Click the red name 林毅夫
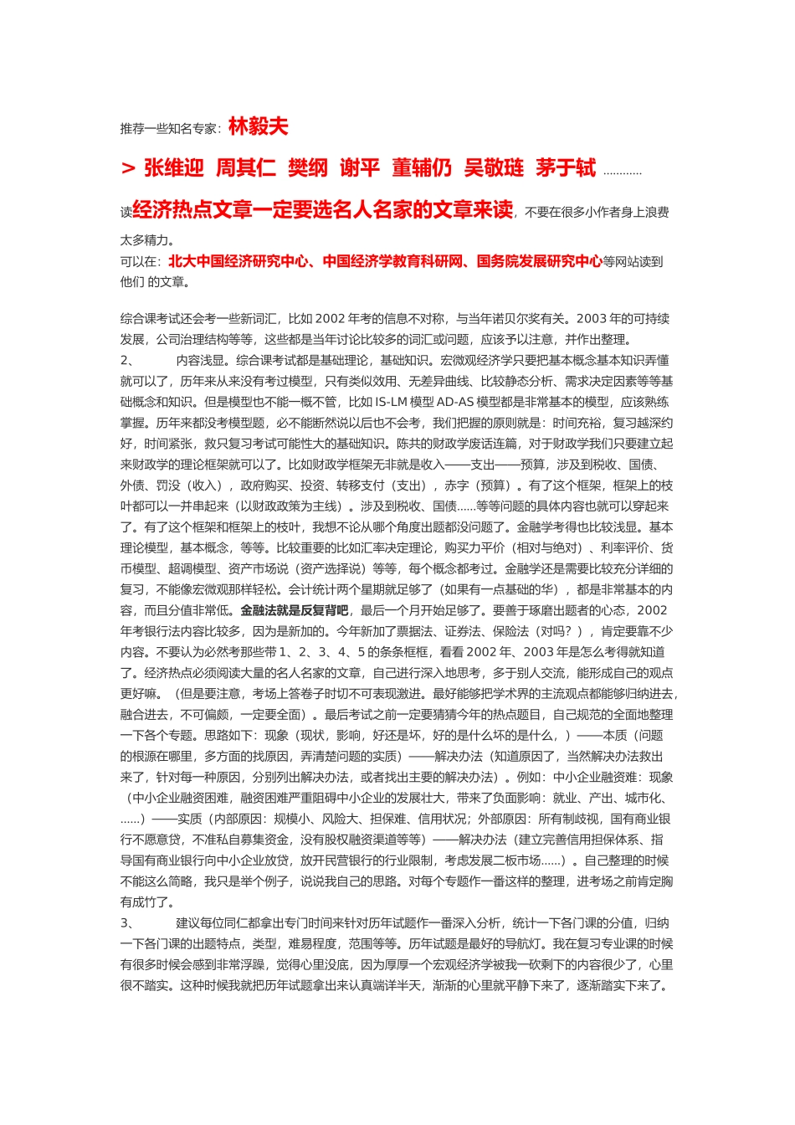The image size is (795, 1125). pyautogui.click(x=258, y=126)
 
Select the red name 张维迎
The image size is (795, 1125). pyautogui.click(x=174, y=168)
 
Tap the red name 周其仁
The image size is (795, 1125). pyautogui.click(x=245, y=168)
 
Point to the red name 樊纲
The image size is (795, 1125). pyautogui.click(x=307, y=168)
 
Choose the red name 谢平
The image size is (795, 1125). pyautogui.click(x=359, y=168)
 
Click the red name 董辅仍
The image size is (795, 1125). pyautogui.click(x=421, y=168)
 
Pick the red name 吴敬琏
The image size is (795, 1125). pyautogui.click(x=494, y=168)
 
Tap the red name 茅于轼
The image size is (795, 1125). pyautogui.click(x=566, y=168)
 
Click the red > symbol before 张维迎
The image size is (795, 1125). pyautogui.click(x=128, y=168)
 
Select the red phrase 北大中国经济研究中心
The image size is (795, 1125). pyautogui.click(x=238, y=261)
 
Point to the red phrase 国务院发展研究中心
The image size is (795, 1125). pyautogui.click(x=540, y=261)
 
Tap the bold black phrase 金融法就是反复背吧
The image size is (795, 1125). pyautogui.click(x=295, y=610)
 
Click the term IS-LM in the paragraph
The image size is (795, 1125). pyautogui.click(x=392, y=402)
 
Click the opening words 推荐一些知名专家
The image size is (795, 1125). pyautogui.click(x=169, y=129)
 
